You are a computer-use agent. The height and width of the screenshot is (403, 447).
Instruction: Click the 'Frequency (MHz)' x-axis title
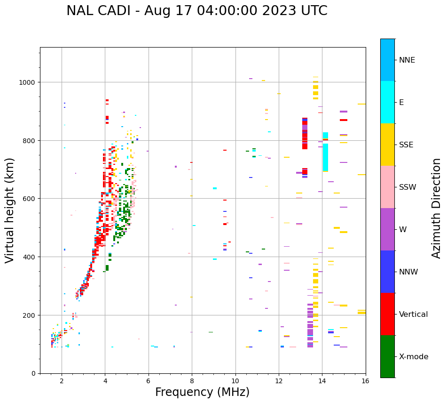click(202, 392)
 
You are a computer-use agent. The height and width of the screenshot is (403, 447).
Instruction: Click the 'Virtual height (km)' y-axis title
click(10, 210)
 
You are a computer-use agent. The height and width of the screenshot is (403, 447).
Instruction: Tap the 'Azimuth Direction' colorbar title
click(437, 208)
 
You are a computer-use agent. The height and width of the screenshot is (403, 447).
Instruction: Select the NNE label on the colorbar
click(407, 60)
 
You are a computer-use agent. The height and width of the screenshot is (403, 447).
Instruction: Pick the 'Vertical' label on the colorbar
click(413, 314)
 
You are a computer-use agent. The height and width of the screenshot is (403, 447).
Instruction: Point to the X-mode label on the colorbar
click(414, 357)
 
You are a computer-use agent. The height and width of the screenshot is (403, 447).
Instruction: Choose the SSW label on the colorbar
click(408, 187)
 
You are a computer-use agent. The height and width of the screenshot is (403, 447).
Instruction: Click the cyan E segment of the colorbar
click(387, 102)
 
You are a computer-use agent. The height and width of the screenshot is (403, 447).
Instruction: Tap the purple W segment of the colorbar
click(387, 229)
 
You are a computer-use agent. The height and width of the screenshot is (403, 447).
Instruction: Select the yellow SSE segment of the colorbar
click(387, 145)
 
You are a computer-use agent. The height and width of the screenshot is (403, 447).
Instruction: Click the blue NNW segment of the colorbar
click(387, 272)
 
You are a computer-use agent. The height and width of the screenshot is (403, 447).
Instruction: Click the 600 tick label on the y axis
click(30, 199)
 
